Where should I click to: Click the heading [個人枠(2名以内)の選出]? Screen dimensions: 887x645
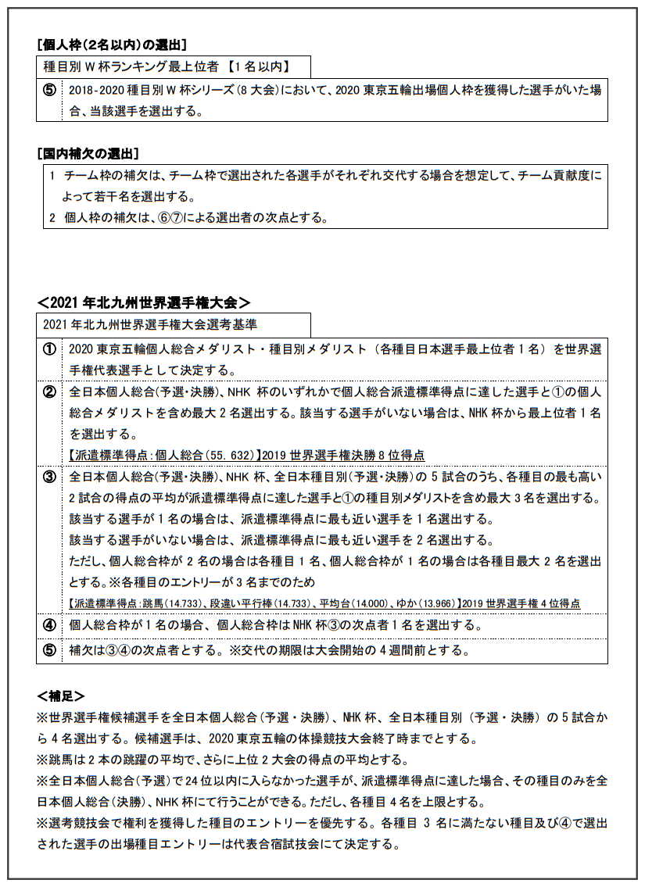click(x=111, y=45)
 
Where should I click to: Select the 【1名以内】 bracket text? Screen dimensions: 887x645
click(x=257, y=68)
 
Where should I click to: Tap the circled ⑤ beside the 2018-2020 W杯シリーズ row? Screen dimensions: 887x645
click(x=49, y=91)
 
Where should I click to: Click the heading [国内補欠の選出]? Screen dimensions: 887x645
click(x=88, y=152)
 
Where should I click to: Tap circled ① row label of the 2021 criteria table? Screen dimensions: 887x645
click(x=49, y=349)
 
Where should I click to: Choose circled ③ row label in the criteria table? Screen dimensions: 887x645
click(x=49, y=477)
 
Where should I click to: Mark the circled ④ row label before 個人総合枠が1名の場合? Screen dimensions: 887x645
click(x=49, y=625)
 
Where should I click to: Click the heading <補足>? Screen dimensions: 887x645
click(x=60, y=696)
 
